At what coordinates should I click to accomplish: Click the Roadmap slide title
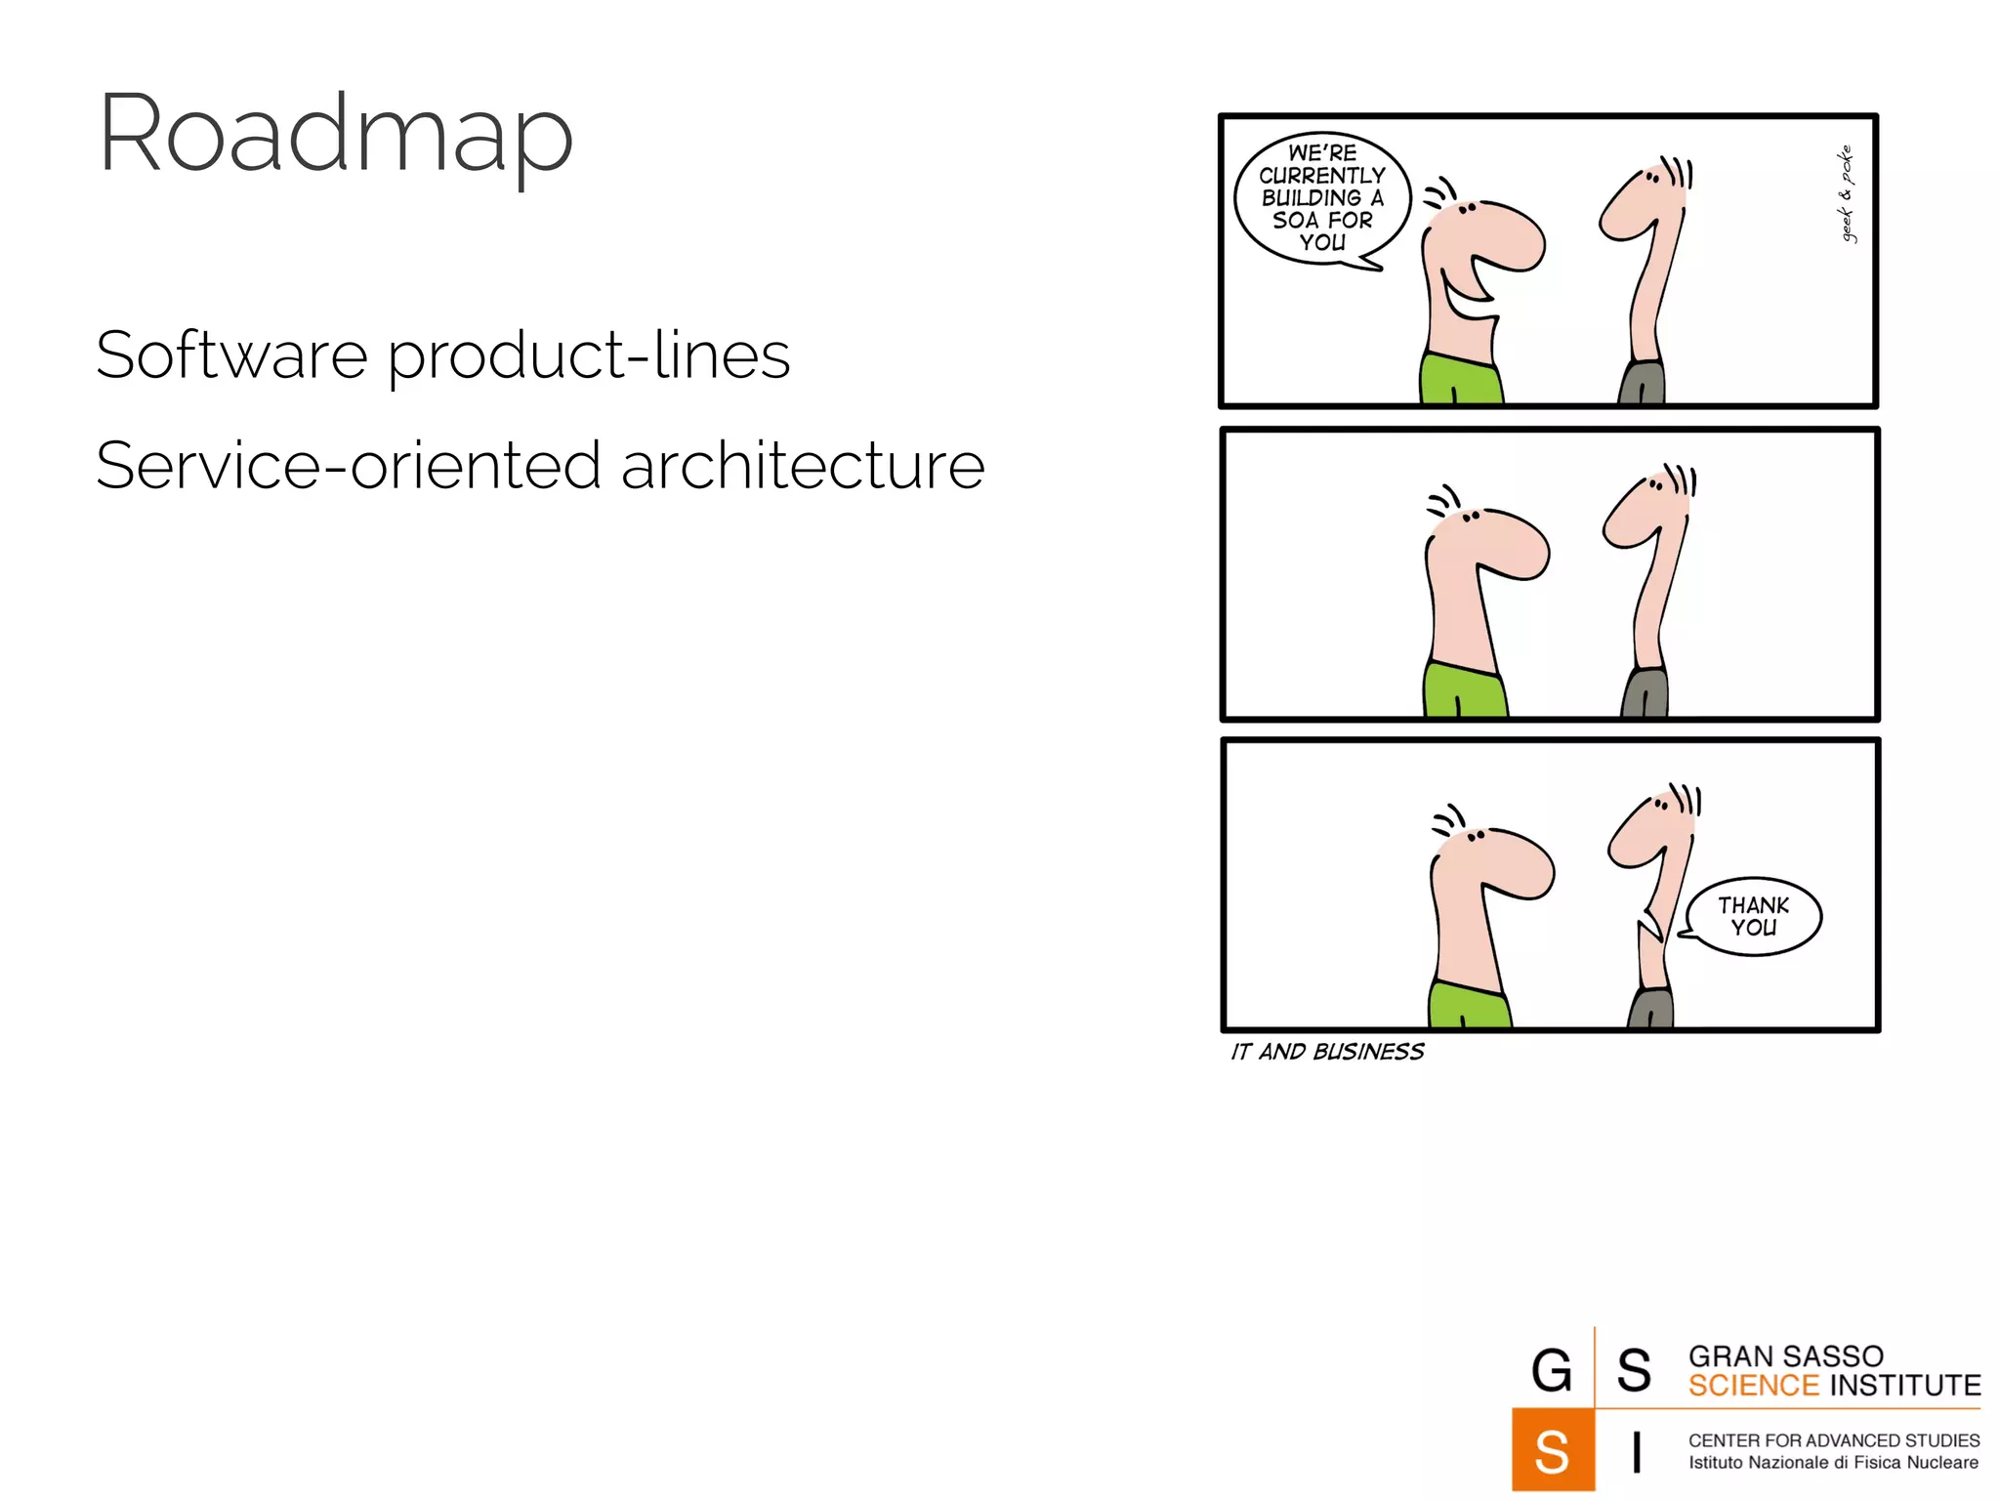click(335, 135)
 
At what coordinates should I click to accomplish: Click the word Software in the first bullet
click(231, 354)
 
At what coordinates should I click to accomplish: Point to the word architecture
click(803, 466)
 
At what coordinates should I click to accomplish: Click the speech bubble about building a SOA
click(1321, 198)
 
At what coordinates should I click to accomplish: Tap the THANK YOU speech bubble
click(1753, 916)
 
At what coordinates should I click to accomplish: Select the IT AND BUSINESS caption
click(1326, 1052)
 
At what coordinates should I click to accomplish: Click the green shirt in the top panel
click(1460, 381)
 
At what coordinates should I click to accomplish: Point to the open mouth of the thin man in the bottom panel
click(1650, 923)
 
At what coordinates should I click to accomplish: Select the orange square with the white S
click(1553, 1450)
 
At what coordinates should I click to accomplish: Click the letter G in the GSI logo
click(1552, 1370)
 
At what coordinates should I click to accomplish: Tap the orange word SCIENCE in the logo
click(1753, 1386)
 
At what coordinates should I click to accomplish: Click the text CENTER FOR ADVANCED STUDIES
click(1833, 1440)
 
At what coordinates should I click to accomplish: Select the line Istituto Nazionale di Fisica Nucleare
click(1833, 1463)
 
